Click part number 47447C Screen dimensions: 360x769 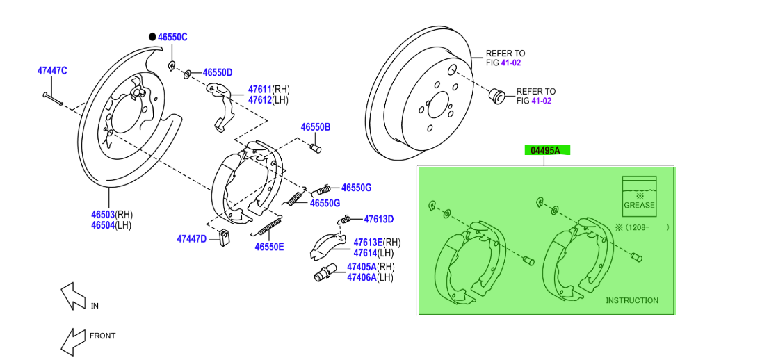click(x=51, y=70)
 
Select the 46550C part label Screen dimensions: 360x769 click(x=172, y=37)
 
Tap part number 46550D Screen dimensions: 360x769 click(x=217, y=72)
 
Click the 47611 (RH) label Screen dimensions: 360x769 click(x=259, y=89)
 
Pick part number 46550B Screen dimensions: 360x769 click(x=315, y=127)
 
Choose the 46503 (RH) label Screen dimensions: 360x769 click(x=102, y=214)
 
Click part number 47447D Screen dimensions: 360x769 click(x=191, y=239)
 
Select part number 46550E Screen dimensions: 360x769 click(x=269, y=246)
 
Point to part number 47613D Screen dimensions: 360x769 click(x=378, y=219)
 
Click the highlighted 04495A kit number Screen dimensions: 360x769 click(x=546, y=150)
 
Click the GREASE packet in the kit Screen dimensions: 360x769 click(x=639, y=196)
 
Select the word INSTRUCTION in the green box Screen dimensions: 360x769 click(x=631, y=300)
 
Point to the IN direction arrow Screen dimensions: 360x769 click(x=72, y=295)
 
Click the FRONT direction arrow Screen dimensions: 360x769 click(x=72, y=341)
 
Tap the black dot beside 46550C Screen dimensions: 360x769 click(x=152, y=37)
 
